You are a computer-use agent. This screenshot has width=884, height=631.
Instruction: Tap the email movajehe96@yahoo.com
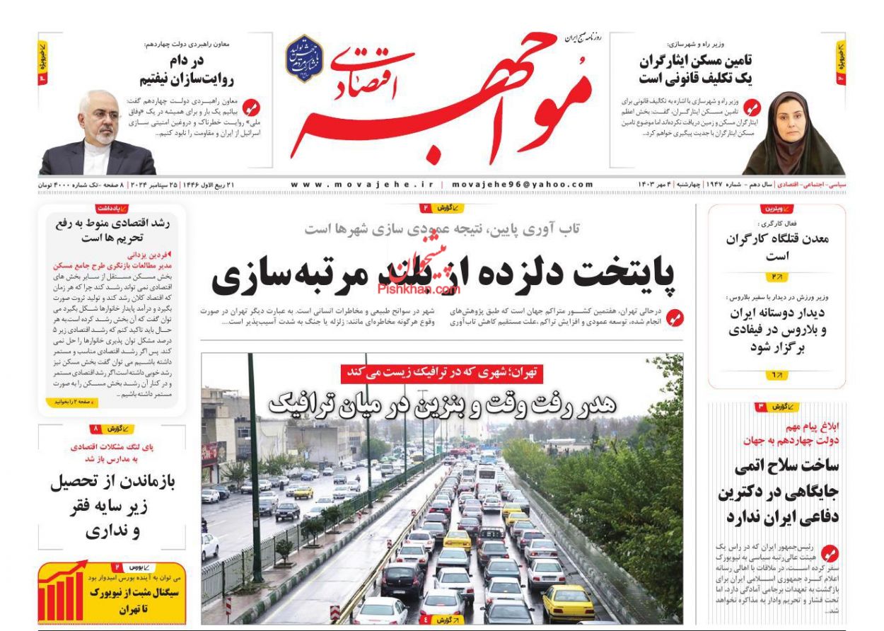tap(522, 185)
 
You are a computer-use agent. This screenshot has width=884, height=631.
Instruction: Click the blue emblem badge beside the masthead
tap(304, 59)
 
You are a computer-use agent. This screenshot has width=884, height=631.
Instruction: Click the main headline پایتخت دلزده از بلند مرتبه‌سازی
tap(443, 274)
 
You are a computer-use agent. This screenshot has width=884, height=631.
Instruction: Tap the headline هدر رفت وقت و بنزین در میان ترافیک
tap(443, 403)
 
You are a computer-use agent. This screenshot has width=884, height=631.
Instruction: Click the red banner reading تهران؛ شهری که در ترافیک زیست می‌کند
tap(441, 372)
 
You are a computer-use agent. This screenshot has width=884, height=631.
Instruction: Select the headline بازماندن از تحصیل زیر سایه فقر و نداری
tap(113, 506)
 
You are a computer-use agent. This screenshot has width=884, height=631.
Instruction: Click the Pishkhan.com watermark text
tap(419, 289)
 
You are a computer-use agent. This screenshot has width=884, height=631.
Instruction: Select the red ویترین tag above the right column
tap(777, 209)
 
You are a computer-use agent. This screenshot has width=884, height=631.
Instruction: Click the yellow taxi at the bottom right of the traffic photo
tap(567, 602)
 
